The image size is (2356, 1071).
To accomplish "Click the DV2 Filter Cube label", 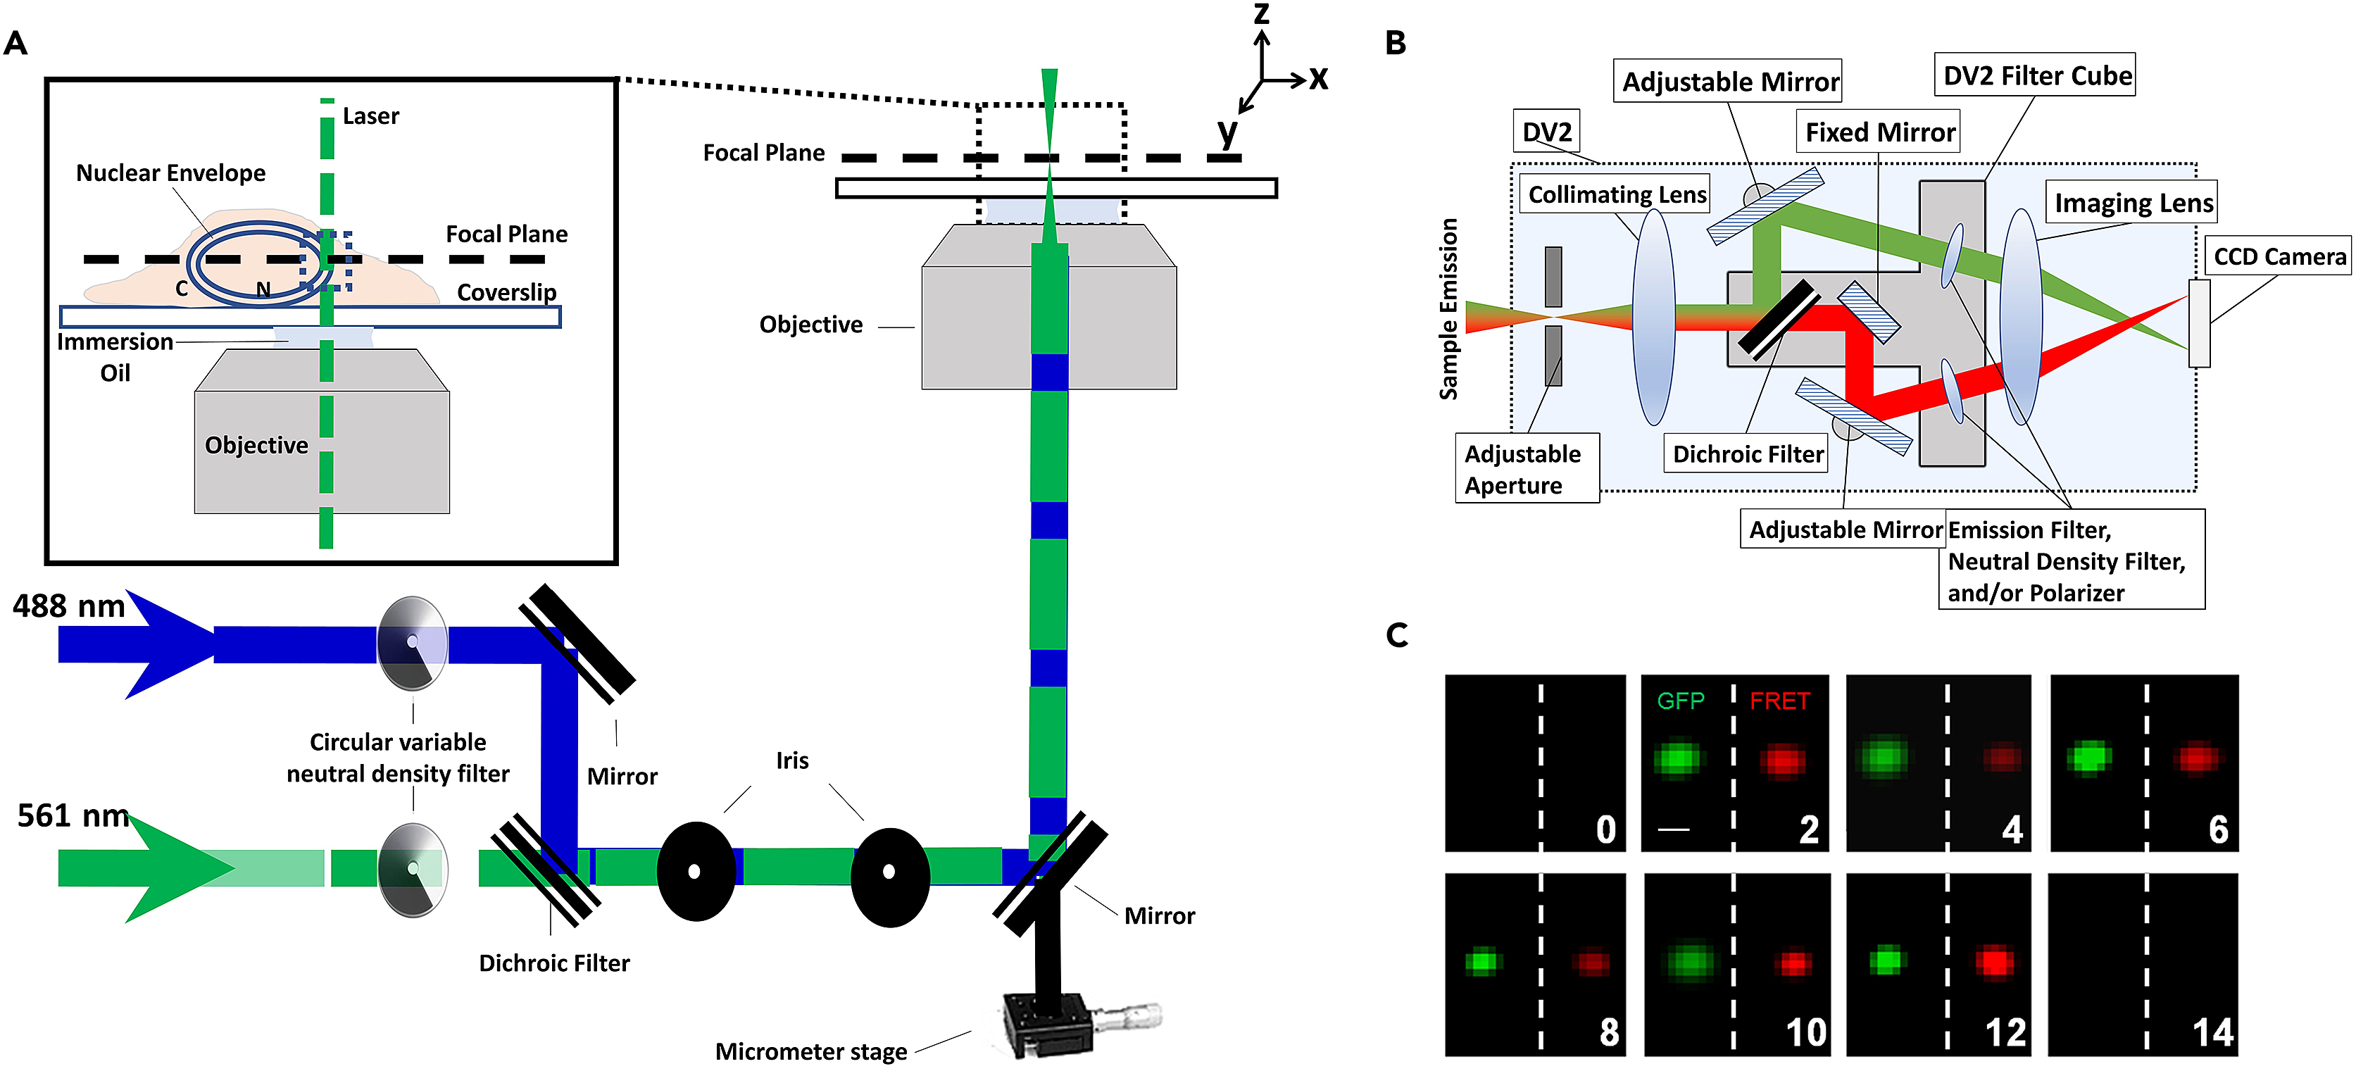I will (2036, 76).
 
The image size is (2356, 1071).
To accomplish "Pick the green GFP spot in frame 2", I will (1677, 759).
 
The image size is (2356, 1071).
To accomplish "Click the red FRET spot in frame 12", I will (1995, 961).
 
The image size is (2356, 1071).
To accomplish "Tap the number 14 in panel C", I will (2212, 1032).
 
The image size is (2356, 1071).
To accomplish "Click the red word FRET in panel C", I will (1779, 701).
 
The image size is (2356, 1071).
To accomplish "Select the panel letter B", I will (1395, 43).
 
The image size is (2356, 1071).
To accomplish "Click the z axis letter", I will (1261, 13).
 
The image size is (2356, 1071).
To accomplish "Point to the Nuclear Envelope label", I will (170, 173).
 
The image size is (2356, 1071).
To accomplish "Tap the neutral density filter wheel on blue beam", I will (413, 643).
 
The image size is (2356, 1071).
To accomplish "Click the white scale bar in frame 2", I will (1674, 829).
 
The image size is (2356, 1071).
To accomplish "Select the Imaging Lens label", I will (2133, 203).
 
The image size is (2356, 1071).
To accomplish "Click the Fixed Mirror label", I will (1879, 132).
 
